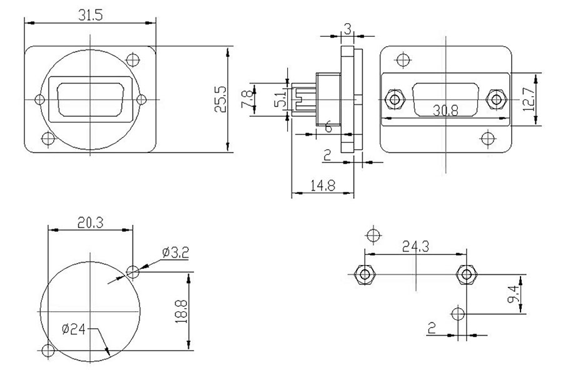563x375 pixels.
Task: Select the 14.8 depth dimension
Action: [322, 186]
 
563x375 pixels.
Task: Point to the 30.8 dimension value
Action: [445, 111]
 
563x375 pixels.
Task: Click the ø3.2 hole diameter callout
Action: [175, 253]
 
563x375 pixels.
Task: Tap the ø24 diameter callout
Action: [75, 329]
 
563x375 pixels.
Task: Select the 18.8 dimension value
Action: [181, 311]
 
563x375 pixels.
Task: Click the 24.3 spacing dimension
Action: [415, 247]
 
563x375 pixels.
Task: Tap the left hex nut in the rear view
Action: [395, 99]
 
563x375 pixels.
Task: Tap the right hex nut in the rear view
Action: [497, 99]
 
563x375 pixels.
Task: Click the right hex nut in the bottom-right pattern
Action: [465, 274]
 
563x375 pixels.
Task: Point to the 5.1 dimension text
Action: [280, 99]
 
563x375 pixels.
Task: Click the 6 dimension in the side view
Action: [328, 126]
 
